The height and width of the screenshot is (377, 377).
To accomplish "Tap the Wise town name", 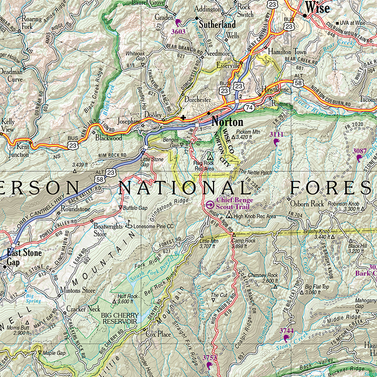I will click(317, 7).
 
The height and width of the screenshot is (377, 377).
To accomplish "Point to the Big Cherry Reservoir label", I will click(119, 318).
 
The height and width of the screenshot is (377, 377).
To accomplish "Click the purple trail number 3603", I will click(179, 31).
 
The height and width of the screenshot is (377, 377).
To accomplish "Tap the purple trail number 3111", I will click(277, 134).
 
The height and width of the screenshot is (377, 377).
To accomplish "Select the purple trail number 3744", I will click(286, 331).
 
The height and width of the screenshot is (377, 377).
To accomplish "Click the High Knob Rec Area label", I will click(254, 216).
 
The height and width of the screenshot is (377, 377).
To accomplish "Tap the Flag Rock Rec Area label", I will click(205, 166).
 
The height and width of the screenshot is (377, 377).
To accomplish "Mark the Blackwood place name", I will click(108, 138).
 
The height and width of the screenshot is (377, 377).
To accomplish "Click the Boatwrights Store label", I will click(107, 230).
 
